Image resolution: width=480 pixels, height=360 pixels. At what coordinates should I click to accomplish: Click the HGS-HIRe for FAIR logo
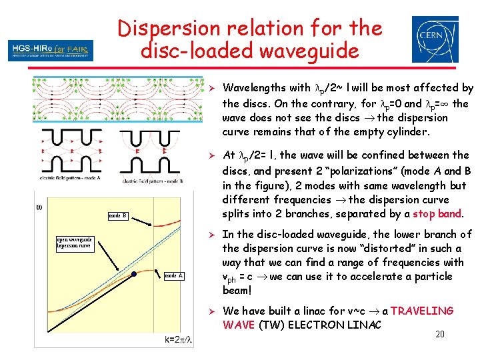pos(51,50)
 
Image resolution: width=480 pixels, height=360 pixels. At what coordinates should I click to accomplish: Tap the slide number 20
pos(439,333)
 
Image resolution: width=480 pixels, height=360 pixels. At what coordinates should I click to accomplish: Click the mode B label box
pos(117,215)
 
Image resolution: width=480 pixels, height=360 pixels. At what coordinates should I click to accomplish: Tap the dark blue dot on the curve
pos(133,273)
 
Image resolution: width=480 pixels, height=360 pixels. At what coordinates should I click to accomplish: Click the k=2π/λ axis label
pos(179,339)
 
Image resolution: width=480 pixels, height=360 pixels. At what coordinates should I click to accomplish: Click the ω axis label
pos(39,207)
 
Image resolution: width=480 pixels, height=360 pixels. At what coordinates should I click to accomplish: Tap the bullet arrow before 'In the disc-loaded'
pos(210,234)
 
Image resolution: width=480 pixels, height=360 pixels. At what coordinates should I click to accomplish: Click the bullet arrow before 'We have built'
pos(210,311)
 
